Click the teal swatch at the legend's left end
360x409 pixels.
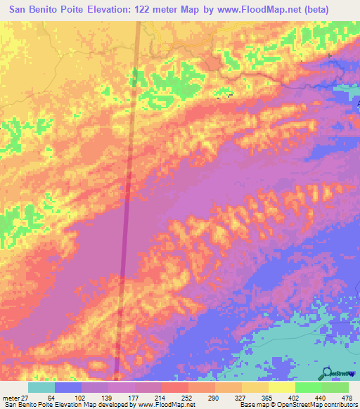[x=41, y=387]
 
